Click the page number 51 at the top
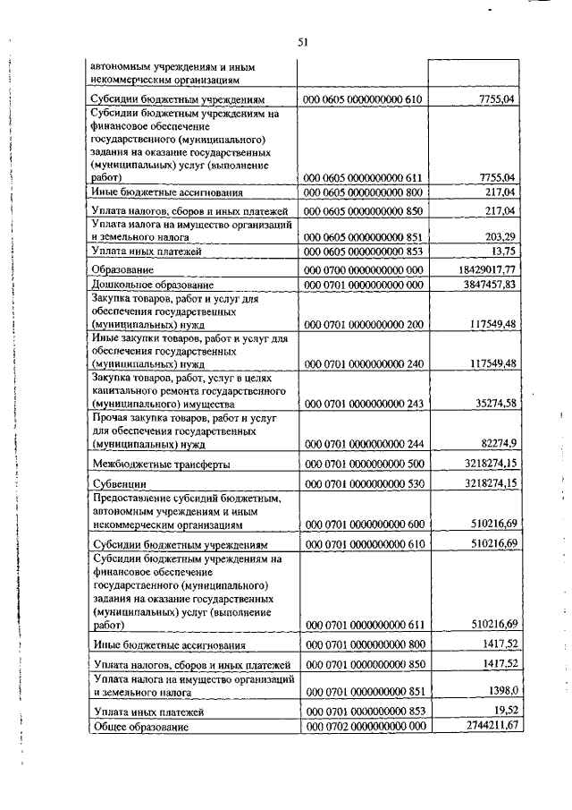[303, 41]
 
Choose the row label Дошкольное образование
[147, 284]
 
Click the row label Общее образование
[140, 726]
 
